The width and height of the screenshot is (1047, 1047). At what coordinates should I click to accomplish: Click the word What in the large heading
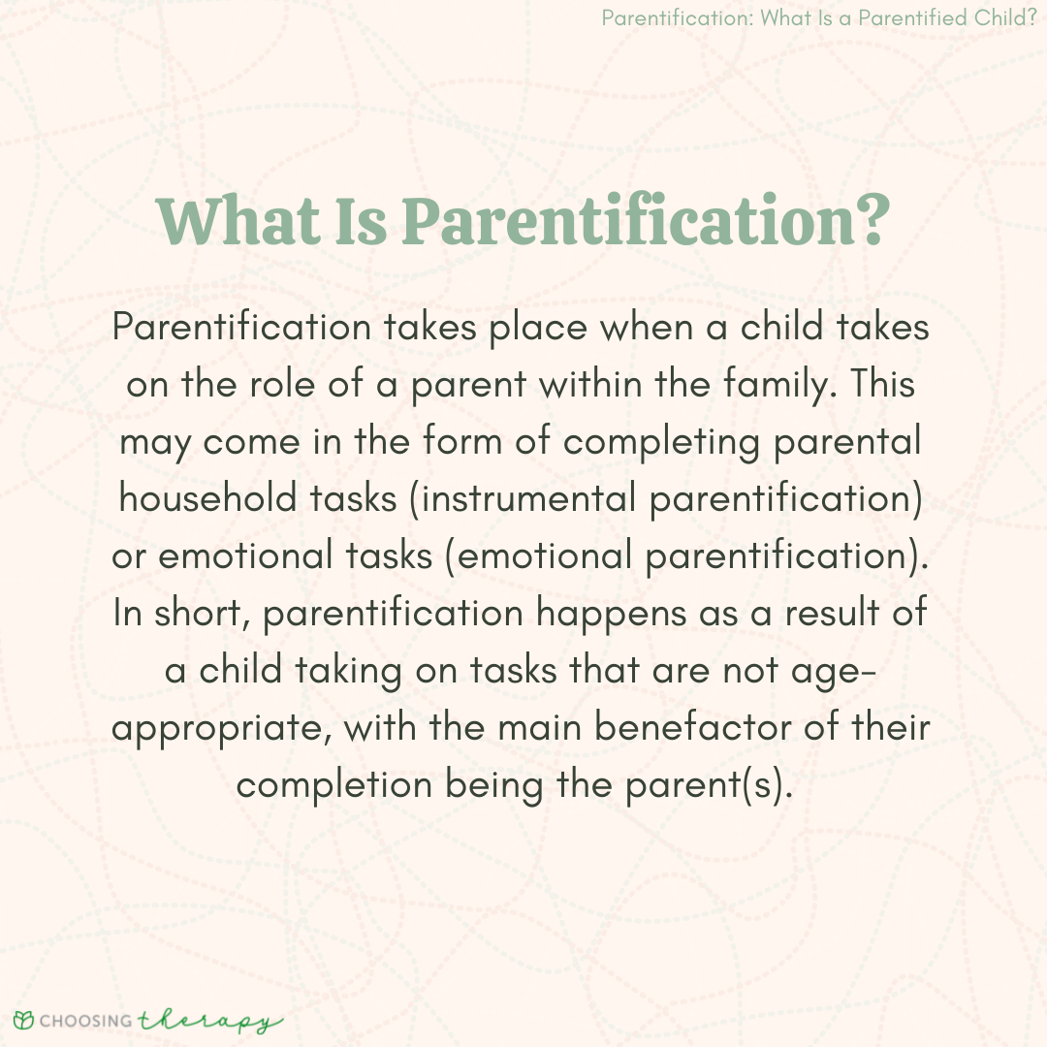pos(238,220)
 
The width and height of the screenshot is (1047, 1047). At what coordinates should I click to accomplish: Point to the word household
pos(207,498)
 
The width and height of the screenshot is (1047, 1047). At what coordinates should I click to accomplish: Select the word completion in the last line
pos(333,785)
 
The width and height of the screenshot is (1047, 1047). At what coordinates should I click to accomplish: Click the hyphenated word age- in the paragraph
pos(833,672)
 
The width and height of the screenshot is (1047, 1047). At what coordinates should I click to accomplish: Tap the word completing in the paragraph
pos(661,443)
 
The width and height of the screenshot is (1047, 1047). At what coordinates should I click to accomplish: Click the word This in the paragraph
pos(882,384)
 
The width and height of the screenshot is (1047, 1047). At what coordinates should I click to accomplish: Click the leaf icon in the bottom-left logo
pos(23,1020)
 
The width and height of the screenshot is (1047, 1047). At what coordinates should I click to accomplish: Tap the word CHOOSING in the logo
pos(86,1021)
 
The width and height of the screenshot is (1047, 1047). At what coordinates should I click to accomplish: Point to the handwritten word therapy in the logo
pos(209,1021)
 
